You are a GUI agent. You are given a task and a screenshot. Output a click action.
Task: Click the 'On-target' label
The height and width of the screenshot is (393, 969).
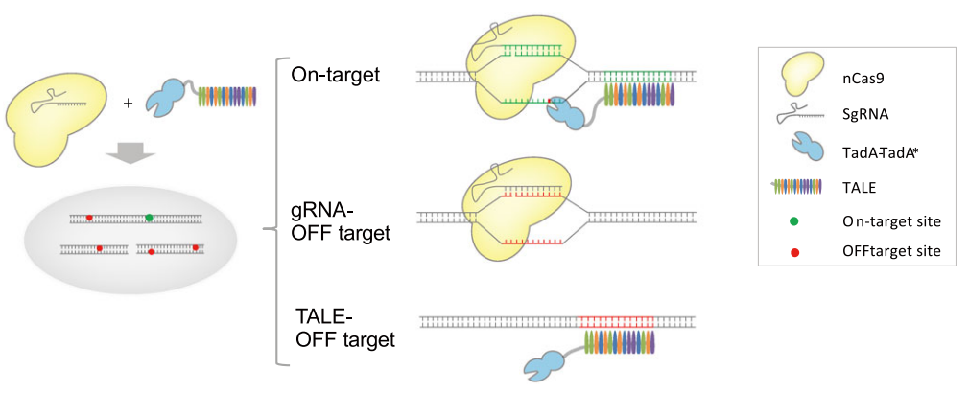(x=337, y=74)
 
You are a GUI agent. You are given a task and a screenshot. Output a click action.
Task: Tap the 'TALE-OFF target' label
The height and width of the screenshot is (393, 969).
(x=344, y=326)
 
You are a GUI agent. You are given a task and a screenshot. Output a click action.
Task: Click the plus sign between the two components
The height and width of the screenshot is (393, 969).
(x=129, y=101)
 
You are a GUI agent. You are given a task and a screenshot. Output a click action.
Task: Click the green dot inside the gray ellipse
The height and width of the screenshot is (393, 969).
(x=149, y=218)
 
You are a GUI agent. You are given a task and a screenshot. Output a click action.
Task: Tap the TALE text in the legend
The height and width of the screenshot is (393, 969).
(x=859, y=187)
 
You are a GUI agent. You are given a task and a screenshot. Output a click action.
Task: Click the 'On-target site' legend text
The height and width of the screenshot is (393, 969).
(x=891, y=221)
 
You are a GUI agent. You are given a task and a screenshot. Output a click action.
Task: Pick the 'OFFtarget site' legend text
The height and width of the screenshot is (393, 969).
(x=891, y=251)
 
